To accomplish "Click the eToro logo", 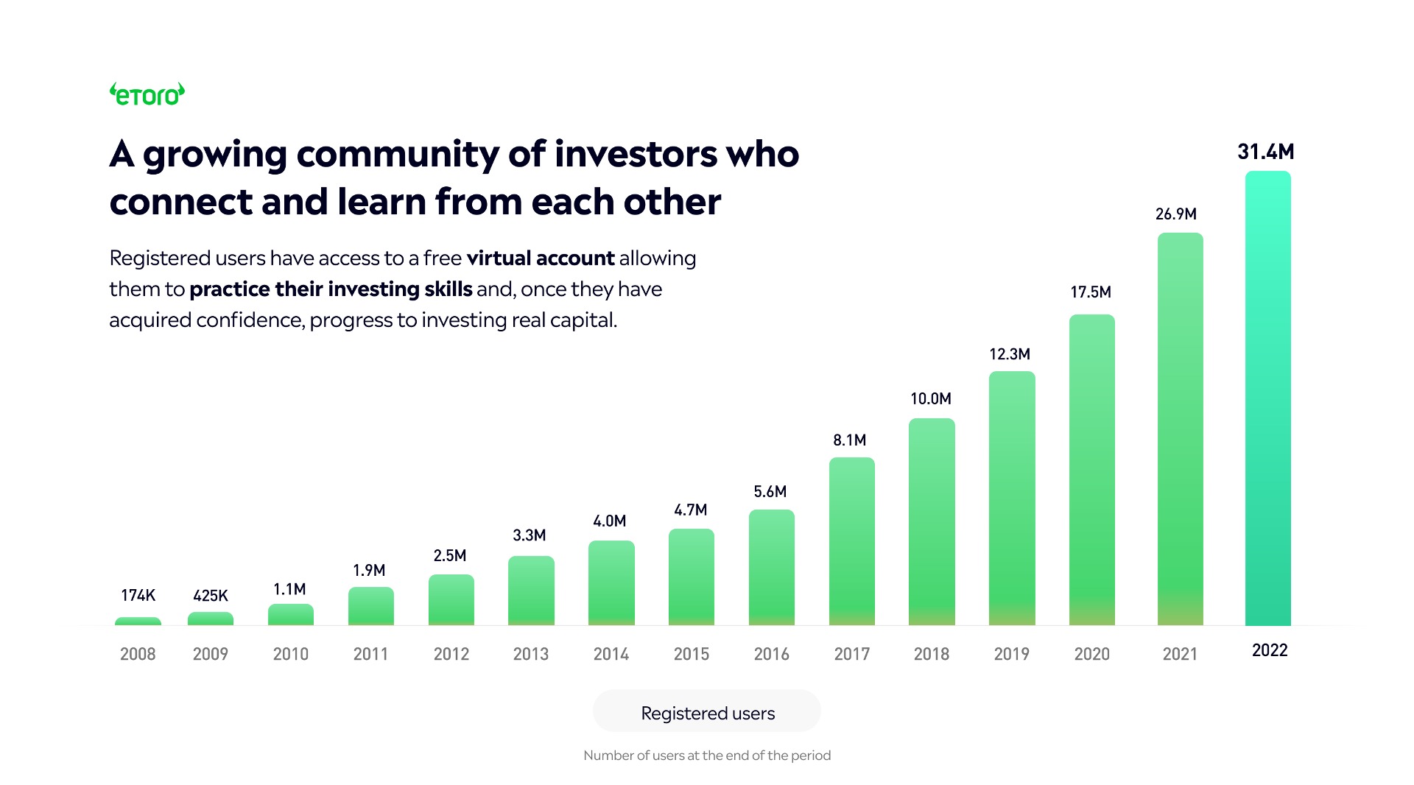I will tap(147, 94).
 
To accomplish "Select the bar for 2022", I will tap(1267, 398).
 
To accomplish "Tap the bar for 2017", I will tap(851, 541).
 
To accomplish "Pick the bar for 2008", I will tap(138, 622).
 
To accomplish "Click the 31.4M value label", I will tap(1265, 152).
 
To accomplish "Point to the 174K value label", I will tap(138, 595).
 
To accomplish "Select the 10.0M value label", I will tap(931, 399).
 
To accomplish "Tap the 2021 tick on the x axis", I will tap(1180, 654).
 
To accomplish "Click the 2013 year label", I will tap(530, 654).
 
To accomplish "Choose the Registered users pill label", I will tap(707, 713).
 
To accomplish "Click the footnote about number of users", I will tap(707, 756).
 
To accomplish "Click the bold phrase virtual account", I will tap(540, 258).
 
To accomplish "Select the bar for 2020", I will tap(1091, 470).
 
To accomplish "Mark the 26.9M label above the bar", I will tap(1175, 214).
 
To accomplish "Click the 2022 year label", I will tap(1270, 650).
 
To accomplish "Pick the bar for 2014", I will tap(611, 582).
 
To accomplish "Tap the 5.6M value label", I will tap(770, 492).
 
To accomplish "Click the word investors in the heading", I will tap(636, 155).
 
